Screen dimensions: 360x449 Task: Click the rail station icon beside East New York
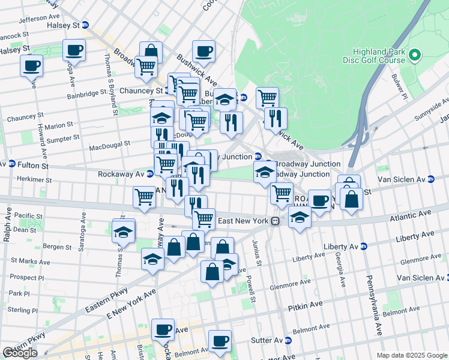coord(275,221)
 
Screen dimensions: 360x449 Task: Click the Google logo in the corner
coord(20,353)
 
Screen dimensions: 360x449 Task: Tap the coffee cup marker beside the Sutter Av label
coord(220,340)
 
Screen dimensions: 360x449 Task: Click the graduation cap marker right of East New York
coord(299,217)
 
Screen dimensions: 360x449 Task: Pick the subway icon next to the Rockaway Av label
coord(149,174)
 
